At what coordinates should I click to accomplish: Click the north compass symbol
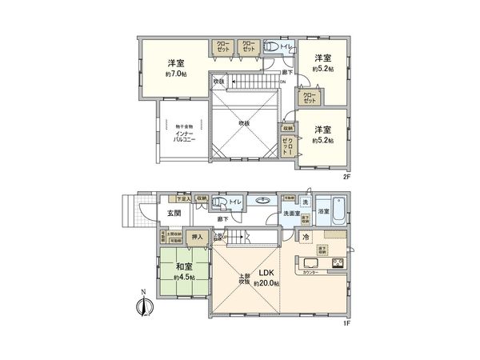pyautogui.click(x=142, y=305)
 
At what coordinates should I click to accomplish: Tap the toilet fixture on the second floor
pyautogui.click(x=270, y=46)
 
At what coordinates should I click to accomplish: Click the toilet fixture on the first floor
pyautogui.click(x=222, y=202)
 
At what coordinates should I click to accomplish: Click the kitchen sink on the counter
pyautogui.click(x=307, y=263)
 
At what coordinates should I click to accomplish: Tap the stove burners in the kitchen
pyautogui.click(x=337, y=263)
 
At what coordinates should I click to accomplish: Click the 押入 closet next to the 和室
pyautogui.click(x=197, y=237)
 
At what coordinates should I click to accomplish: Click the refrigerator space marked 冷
pyautogui.click(x=306, y=237)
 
